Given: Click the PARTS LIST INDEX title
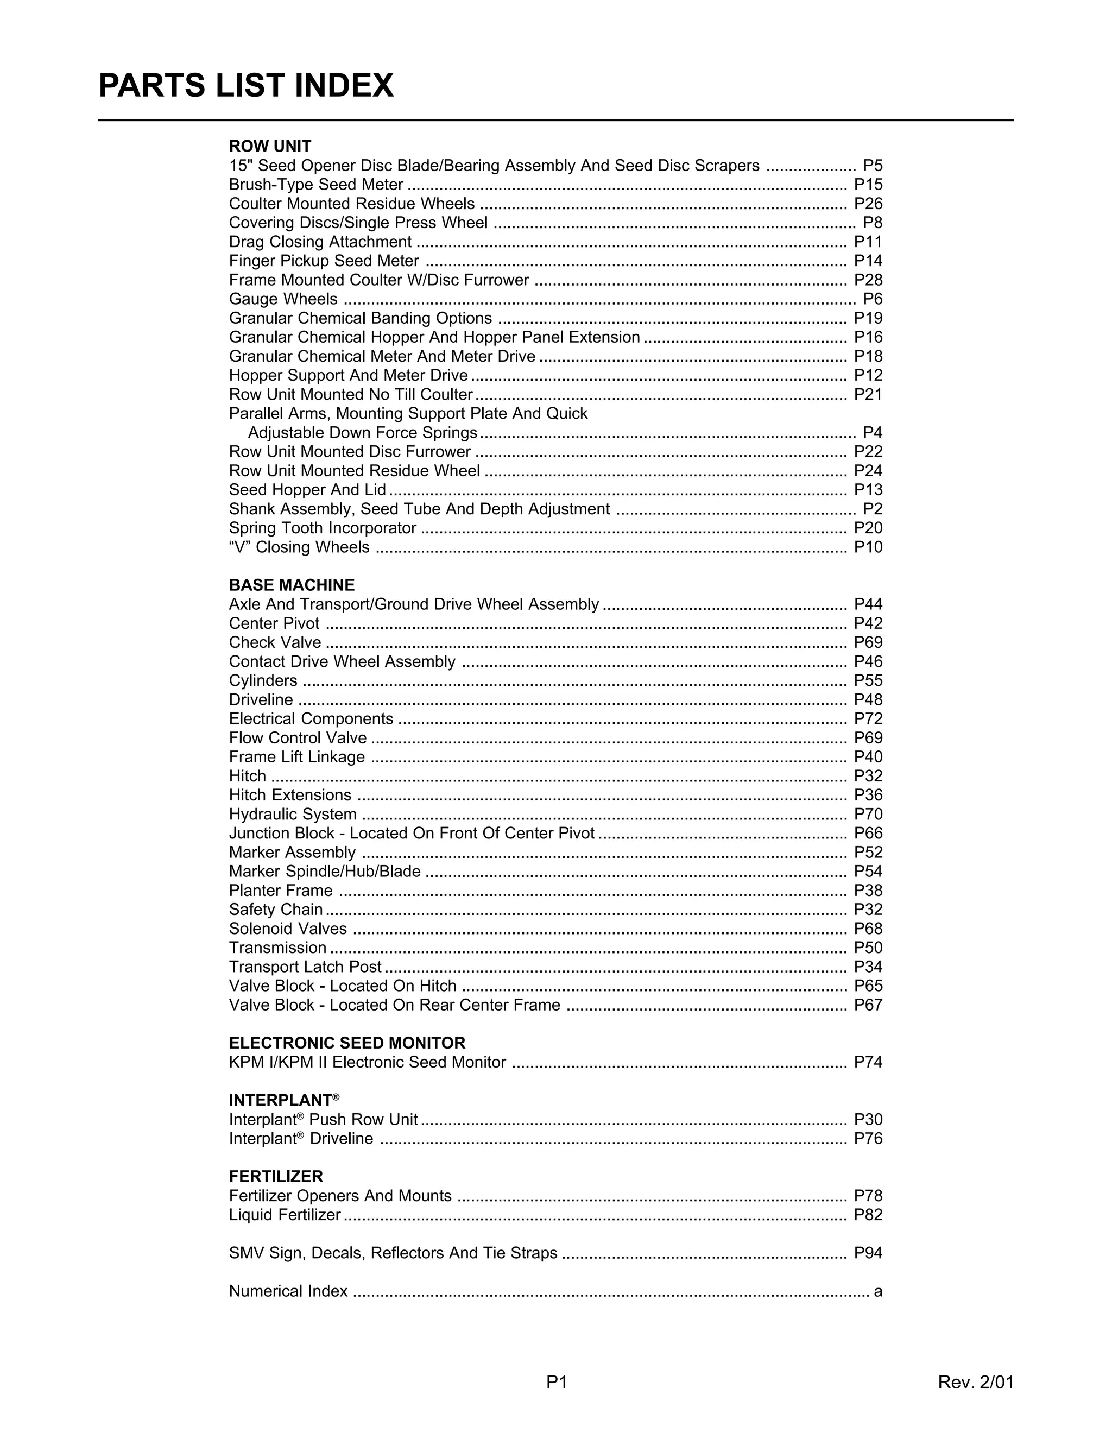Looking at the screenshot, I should tap(246, 86).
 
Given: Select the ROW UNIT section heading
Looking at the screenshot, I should tap(269, 146).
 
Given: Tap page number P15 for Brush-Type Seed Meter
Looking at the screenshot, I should tap(868, 185).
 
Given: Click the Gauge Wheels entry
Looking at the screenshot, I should tap(283, 299).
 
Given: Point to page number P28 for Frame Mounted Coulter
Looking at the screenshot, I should tap(868, 280).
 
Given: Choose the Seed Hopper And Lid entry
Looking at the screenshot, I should tap(307, 490).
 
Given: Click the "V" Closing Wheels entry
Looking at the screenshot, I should tap(299, 547).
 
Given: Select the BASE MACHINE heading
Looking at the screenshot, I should tap(291, 585).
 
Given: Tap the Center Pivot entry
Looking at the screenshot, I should tap(274, 623).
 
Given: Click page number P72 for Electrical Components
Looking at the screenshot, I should tap(868, 719).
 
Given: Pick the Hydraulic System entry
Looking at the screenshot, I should tap(293, 815).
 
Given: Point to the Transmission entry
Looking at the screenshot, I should tap(277, 948).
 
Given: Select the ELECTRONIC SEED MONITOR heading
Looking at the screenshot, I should tap(346, 1043).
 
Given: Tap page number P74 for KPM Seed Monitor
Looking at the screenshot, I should tap(868, 1062).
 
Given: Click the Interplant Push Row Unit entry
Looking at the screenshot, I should tap(323, 1120).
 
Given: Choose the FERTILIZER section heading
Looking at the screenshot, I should tap(276, 1177).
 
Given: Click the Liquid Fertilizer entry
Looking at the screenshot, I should tap(285, 1214).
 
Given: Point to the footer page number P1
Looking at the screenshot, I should tap(557, 1381).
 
